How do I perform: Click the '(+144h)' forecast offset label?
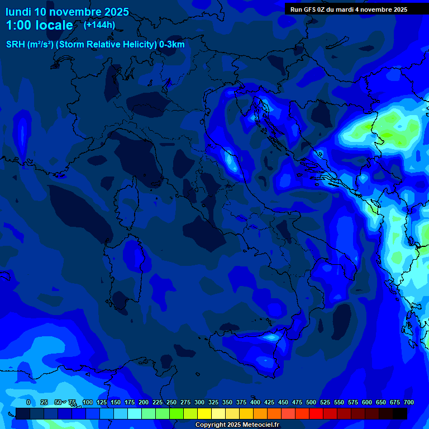99,25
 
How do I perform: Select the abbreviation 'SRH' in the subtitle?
16,45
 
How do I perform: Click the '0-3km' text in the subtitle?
172,45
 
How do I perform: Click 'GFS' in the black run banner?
316,9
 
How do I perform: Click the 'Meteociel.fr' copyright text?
258,425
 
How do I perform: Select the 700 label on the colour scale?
408,402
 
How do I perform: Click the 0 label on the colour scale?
28,402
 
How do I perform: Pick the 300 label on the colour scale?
199,402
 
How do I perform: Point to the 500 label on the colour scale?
311,402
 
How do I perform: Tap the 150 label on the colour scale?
116,402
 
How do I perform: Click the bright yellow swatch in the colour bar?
204,413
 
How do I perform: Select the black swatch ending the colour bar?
400,413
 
